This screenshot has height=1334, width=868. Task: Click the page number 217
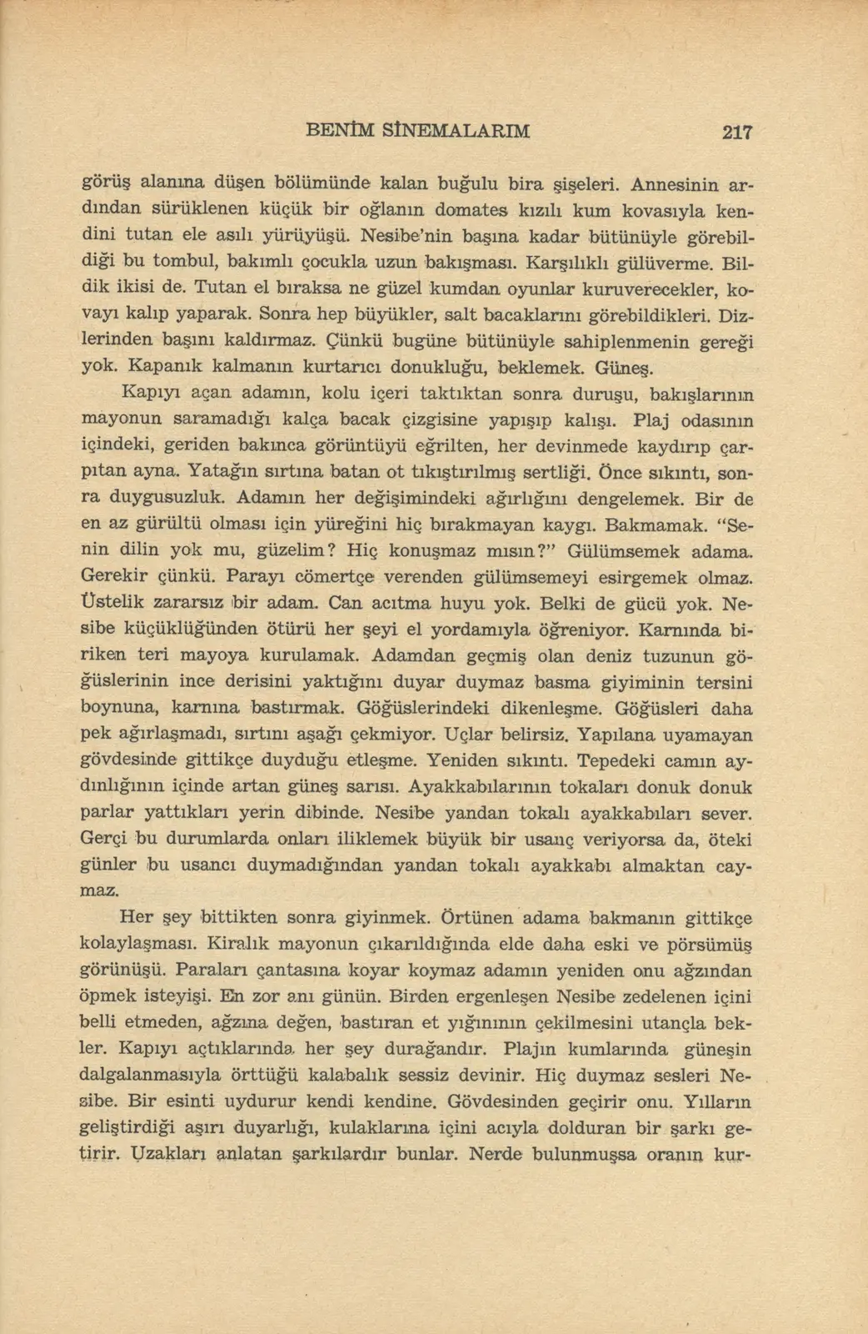tap(737, 131)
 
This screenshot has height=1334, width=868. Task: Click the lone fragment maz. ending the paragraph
tap(99, 890)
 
